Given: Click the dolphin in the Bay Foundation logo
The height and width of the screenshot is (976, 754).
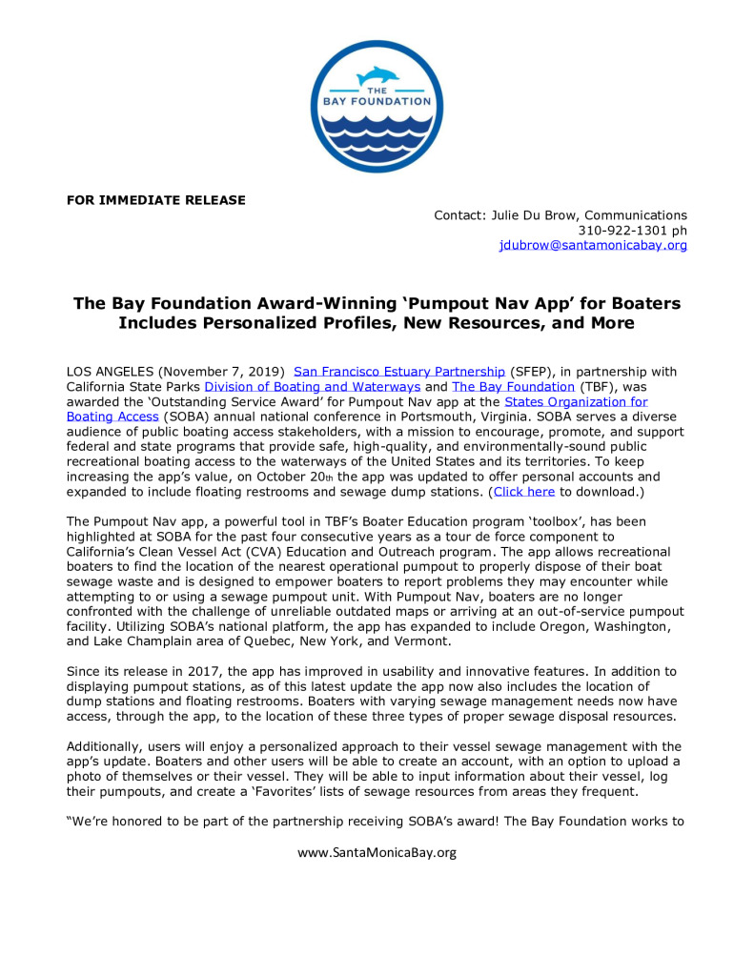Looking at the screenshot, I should point(377,74).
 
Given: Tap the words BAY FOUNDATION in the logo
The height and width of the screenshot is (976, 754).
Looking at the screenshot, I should point(377,100).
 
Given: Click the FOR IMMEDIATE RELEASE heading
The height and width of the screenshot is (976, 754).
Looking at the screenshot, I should point(155,200).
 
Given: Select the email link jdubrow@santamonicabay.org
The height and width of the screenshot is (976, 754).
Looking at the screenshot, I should point(593,245).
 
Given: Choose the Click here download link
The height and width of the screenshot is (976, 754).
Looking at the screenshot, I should point(523,493).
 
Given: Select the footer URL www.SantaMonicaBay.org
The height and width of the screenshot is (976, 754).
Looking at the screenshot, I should point(377,852).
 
